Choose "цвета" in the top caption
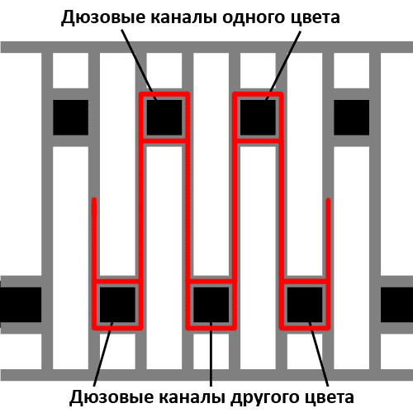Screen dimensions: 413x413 click(x=319, y=18)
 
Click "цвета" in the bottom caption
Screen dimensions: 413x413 click(x=334, y=398)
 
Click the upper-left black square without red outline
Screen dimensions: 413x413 click(x=70, y=117)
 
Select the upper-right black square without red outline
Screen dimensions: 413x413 click(x=352, y=117)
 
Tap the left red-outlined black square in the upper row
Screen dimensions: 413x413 click(x=164, y=117)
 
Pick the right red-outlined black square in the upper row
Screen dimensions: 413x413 click(x=258, y=117)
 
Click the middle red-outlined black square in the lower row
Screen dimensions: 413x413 click(x=211, y=305)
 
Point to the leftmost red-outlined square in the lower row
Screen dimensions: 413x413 click(x=117, y=305)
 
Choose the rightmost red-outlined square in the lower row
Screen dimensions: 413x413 click(x=305, y=305)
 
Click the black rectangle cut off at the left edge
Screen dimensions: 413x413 click(x=21, y=305)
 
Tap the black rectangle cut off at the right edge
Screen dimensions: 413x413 click(x=396, y=305)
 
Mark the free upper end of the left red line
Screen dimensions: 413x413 click(x=94, y=199)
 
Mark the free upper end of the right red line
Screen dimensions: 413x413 click(x=328, y=199)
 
